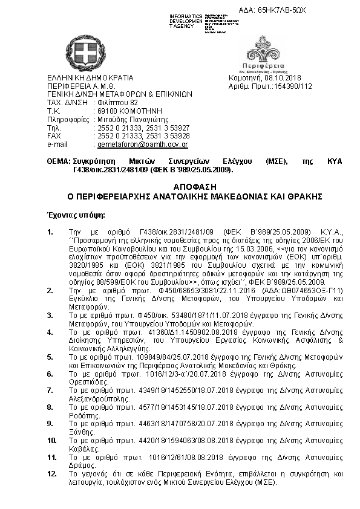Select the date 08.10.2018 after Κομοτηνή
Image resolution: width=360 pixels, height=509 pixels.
tap(283, 78)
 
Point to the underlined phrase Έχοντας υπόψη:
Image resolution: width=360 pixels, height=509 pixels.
tap(76, 215)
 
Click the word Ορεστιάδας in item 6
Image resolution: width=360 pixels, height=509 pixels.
tap(88, 383)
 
